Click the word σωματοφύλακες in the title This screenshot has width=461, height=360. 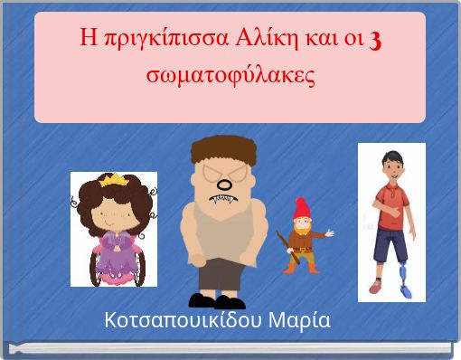230,74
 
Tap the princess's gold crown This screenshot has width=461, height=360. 115,181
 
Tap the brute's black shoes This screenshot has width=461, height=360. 217,300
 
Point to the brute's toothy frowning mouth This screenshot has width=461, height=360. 221,200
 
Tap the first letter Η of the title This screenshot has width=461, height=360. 88,39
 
